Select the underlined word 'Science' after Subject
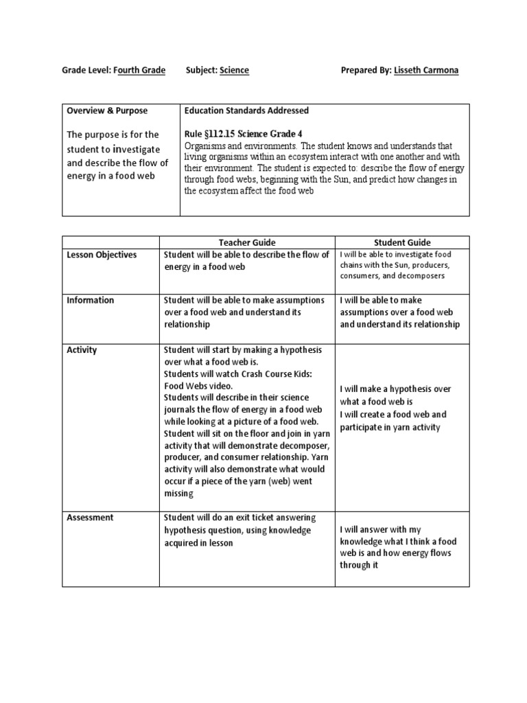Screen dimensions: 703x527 234,71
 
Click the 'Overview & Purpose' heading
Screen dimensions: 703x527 107,111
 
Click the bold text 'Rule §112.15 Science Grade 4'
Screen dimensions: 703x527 244,135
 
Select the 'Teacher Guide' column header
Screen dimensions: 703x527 247,242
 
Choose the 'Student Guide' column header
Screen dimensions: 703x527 402,242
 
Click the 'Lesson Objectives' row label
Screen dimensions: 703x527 102,255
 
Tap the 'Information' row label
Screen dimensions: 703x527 91,300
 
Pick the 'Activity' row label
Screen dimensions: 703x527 82,350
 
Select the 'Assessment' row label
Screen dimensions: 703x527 90,518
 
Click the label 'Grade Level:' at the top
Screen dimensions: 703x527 86,71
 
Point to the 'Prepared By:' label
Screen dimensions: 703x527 366,71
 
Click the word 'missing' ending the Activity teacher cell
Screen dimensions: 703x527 179,494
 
